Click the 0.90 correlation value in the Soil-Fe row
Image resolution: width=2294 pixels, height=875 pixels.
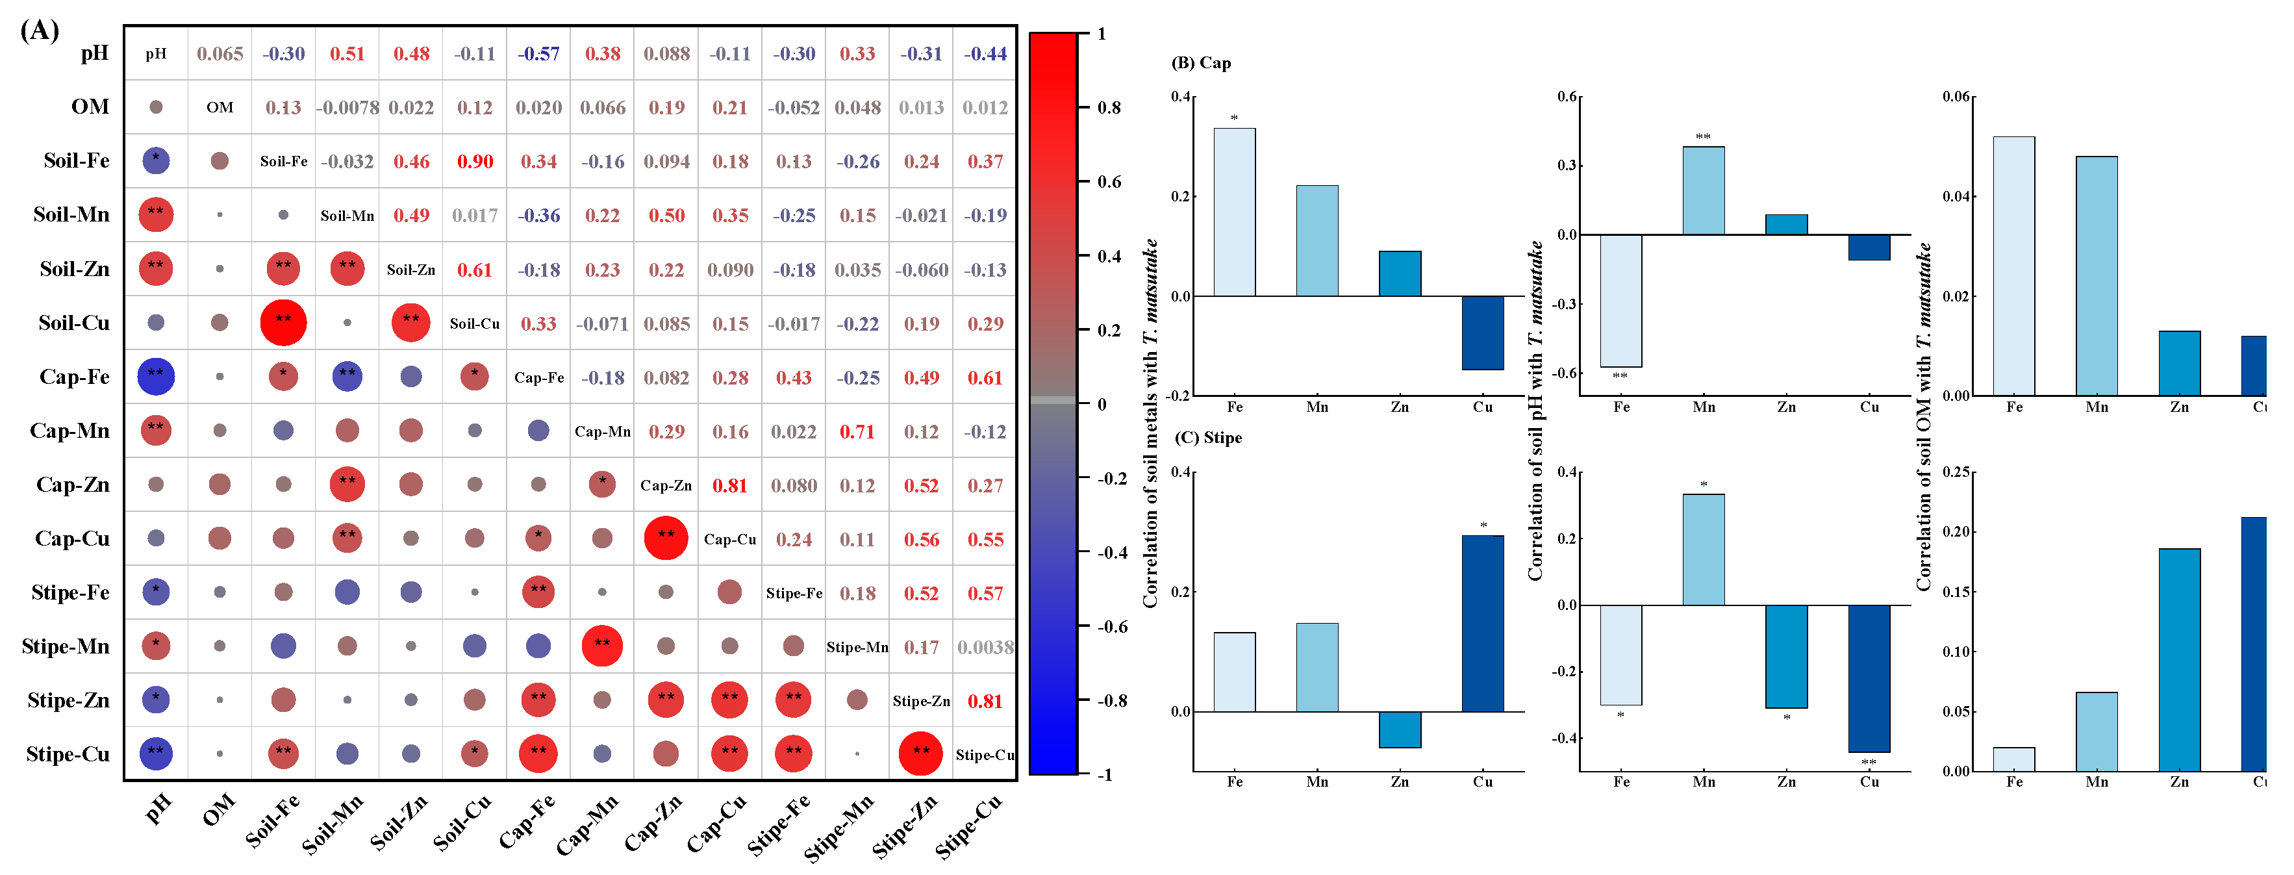(x=475, y=161)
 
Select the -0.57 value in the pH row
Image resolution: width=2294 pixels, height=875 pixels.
(x=539, y=53)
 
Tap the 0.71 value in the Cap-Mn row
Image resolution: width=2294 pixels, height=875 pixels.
(x=857, y=431)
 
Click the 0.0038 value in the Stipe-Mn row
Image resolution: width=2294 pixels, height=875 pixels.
(x=985, y=647)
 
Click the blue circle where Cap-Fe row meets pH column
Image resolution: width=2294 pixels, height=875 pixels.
(x=156, y=376)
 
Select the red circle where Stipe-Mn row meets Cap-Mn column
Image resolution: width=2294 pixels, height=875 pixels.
(x=602, y=645)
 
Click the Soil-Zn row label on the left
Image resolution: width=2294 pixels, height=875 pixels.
(x=74, y=268)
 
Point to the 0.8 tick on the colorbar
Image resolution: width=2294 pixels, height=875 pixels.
(x=1108, y=107)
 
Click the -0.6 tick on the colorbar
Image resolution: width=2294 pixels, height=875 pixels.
(x=1111, y=626)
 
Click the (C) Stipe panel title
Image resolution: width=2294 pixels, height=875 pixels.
(x=1207, y=438)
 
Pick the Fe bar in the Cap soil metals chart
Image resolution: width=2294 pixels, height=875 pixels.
(x=1234, y=212)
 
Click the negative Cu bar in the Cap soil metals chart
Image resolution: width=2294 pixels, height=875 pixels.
(x=1482, y=333)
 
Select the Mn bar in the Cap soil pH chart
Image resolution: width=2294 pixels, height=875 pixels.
(x=1703, y=191)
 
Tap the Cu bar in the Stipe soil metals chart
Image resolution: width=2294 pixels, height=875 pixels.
(x=1482, y=623)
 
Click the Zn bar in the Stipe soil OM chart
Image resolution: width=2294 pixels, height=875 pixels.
(x=2178, y=659)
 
